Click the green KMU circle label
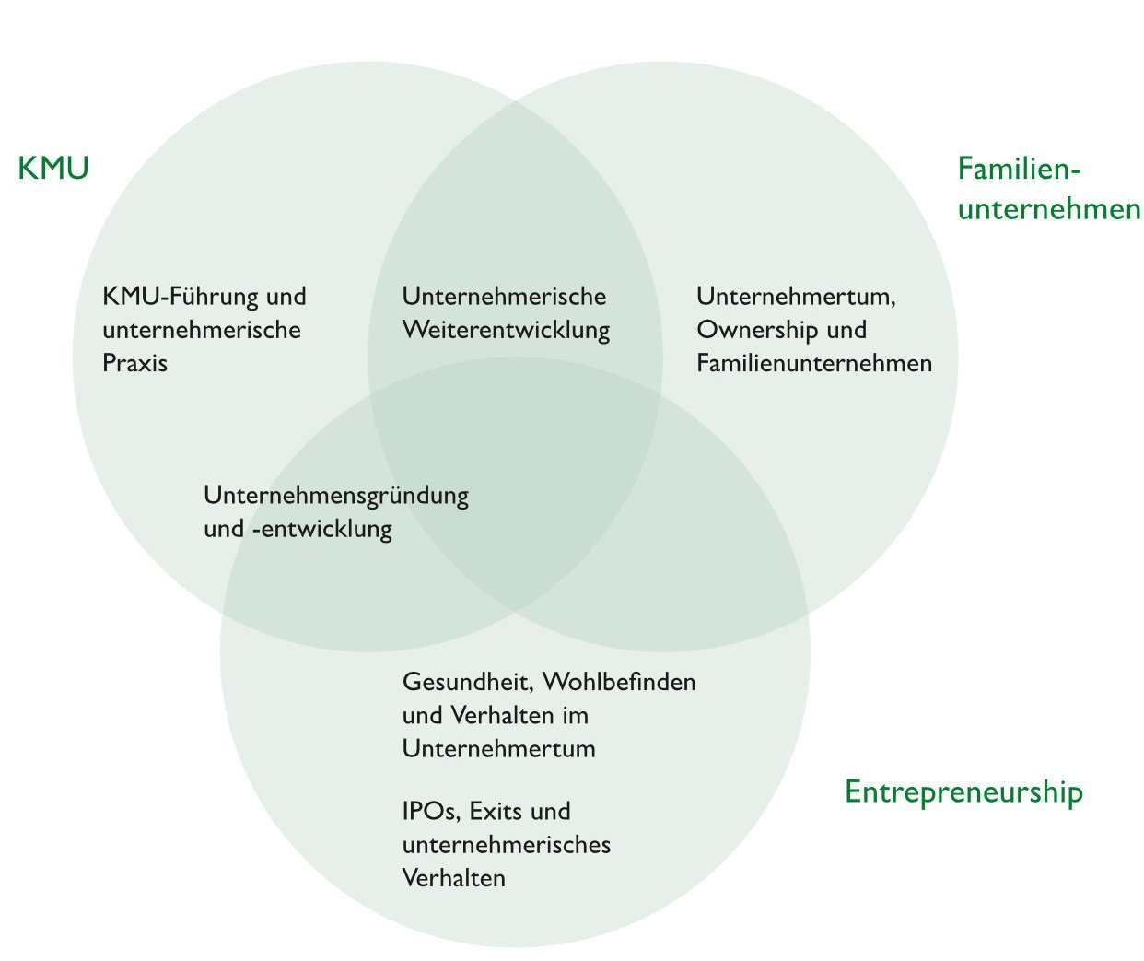(x=53, y=169)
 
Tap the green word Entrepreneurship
(x=963, y=792)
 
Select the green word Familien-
(x=1019, y=169)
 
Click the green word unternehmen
(x=1049, y=209)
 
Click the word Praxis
(x=135, y=363)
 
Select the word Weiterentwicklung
(x=506, y=330)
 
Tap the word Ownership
(x=759, y=330)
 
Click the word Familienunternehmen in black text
(x=814, y=363)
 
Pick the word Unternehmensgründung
(x=336, y=496)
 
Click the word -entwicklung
(x=321, y=530)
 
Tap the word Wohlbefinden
(x=619, y=683)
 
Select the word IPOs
(x=430, y=812)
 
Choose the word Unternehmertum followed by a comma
(x=796, y=297)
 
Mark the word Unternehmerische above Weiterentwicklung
(x=504, y=297)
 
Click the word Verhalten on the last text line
(x=453, y=878)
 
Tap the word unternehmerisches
(x=507, y=845)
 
